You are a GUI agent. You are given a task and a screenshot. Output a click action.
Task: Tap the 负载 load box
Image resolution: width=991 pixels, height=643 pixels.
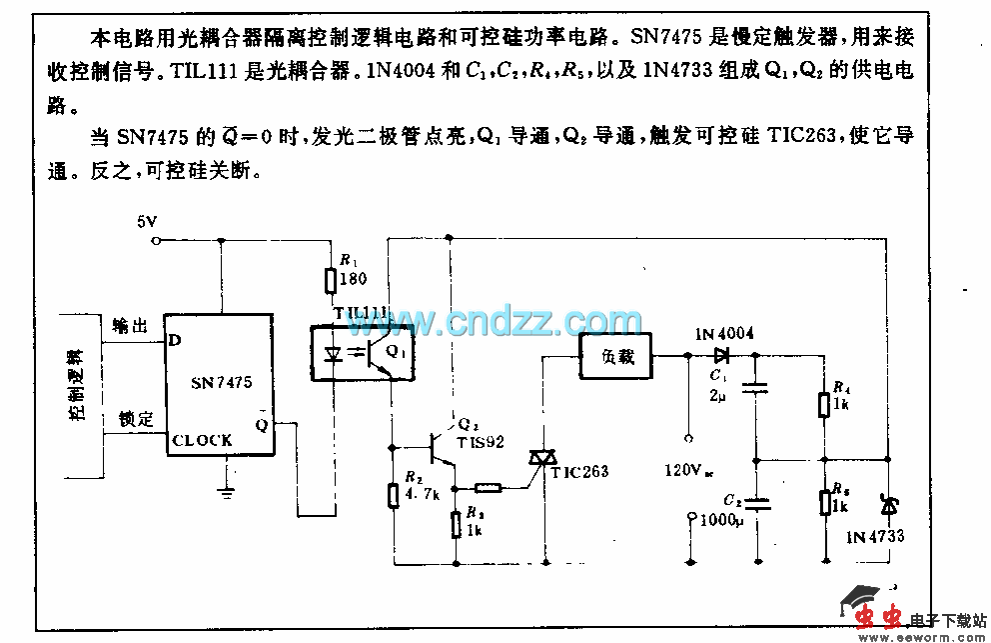pos(615,357)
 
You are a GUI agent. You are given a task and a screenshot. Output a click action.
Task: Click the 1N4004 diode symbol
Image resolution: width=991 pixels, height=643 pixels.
pos(721,355)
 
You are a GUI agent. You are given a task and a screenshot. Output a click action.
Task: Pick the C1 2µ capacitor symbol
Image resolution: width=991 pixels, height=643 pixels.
pos(756,388)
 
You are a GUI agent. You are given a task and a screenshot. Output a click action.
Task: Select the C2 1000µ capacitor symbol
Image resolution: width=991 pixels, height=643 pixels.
pos(756,503)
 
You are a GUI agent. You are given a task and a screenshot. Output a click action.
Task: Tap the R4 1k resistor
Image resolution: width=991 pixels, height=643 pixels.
pos(824,404)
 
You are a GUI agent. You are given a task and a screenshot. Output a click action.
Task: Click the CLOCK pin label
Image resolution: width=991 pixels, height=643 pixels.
pos(201,440)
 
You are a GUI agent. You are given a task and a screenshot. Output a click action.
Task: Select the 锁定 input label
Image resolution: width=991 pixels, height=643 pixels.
pos(135,419)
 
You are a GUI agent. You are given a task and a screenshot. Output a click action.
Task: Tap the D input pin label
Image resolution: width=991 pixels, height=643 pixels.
pos(175,340)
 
